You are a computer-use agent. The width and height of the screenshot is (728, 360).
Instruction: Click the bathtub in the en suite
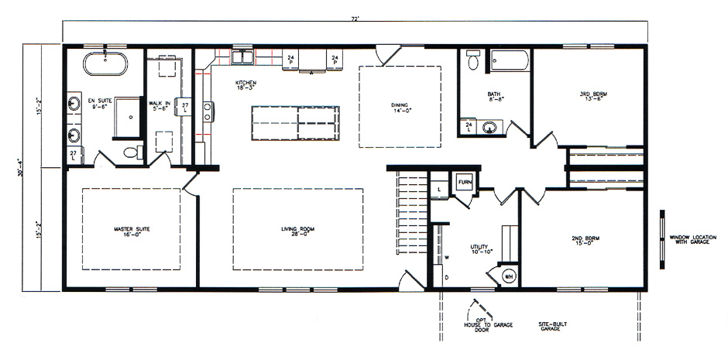(105, 64)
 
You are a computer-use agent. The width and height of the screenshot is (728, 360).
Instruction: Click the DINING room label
(400, 107)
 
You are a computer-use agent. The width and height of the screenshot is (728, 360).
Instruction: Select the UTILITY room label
(482, 249)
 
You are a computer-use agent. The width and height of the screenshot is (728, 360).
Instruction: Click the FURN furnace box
(465, 183)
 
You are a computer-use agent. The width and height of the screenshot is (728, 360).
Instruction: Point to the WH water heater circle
(509, 276)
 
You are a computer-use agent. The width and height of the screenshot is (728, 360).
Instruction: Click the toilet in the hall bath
(473, 60)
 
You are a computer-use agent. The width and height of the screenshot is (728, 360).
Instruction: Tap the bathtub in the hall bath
(508, 60)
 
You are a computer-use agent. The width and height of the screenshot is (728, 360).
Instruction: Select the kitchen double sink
(244, 58)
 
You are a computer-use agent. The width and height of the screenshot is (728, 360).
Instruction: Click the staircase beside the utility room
(412, 214)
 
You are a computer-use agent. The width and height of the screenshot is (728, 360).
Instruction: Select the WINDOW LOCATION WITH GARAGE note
(690, 238)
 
